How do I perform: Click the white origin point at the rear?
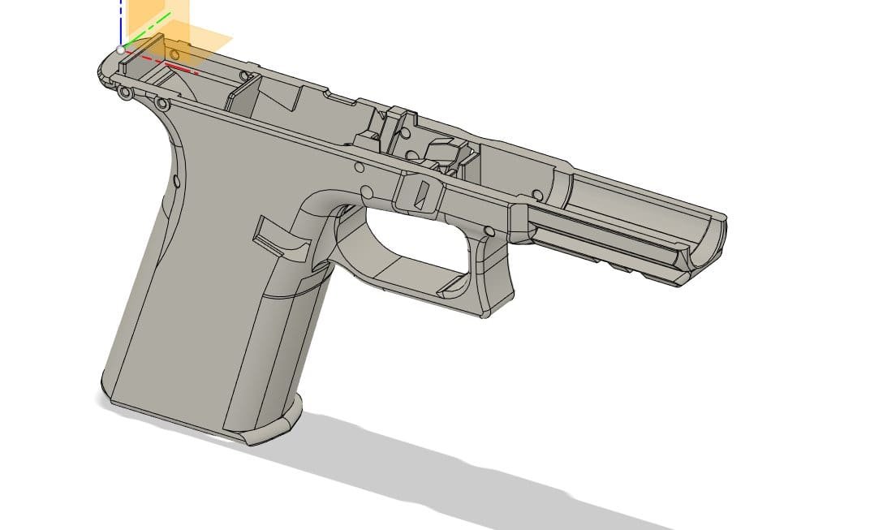click(121, 50)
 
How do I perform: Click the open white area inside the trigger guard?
click(410, 236)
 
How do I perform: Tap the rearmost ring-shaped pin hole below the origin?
click(125, 93)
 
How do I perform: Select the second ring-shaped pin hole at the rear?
click(162, 104)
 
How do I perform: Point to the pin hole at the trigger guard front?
click(489, 232)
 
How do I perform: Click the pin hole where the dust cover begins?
click(536, 195)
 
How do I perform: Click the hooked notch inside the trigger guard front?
click(454, 283)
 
